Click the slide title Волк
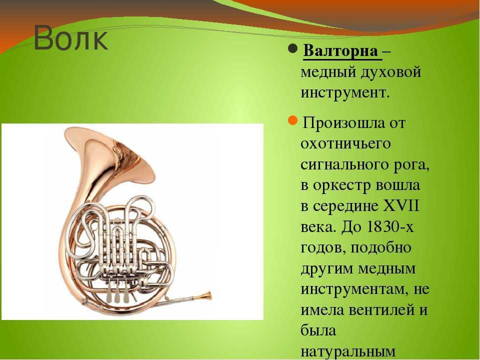point(70,38)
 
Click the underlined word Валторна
point(340,50)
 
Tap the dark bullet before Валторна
point(292,48)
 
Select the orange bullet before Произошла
point(292,120)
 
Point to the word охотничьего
point(345,144)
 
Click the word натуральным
point(348,351)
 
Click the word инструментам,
point(354,289)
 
